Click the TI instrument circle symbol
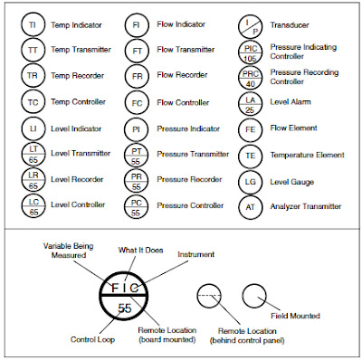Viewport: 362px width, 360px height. [33, 24]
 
